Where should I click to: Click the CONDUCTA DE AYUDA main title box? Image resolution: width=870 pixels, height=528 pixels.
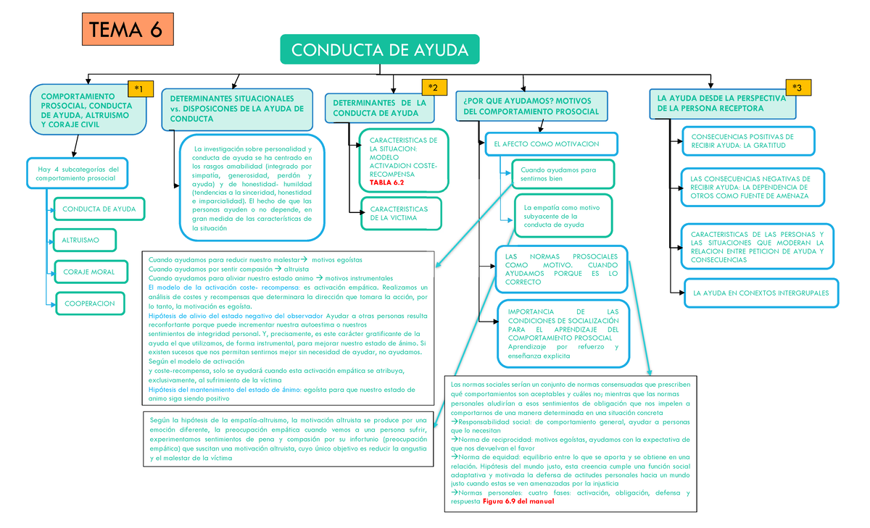pos(379,50)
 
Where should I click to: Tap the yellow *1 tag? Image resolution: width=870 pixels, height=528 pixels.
pos(139,88)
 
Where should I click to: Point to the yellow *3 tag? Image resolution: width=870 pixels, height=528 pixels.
pos(797,88)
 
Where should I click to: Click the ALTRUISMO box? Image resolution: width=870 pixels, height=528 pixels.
pos(81,239)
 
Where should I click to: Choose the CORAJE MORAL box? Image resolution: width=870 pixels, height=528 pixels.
pos(89,272)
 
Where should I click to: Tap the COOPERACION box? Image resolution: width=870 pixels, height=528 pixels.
pos(89,303)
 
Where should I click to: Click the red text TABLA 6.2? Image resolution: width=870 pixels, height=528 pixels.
pos(386,183)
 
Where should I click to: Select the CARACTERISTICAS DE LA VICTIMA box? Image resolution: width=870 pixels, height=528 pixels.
pos(399,213)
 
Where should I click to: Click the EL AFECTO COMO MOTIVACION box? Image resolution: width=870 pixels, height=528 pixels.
pos(551,143)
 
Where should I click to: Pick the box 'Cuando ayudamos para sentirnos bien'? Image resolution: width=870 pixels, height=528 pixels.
pos(563,175)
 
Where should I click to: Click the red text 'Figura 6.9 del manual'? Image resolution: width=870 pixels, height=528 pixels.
pos(518,500)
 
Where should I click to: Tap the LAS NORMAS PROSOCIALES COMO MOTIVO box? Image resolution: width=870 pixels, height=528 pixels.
pos(562,269)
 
